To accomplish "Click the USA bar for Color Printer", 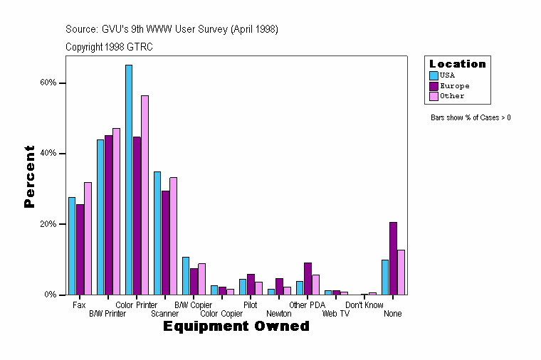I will (x=129, y=179).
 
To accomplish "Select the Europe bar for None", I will (x=393, y=258).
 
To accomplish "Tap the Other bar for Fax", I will (x=88, y=238).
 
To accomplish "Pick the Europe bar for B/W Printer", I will (x=108, y=215).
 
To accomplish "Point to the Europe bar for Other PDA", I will (x=308, y=278).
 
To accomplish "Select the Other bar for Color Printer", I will (x=145, y=195).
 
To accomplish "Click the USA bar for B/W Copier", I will (x=186, y=275).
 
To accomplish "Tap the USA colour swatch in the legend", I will (x=434, y=75).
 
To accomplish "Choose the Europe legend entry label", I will (x=454, y=85).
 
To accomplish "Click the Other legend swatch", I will (x=434, y=95).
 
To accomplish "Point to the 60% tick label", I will (x=48, y=83).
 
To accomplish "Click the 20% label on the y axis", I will (x=48, y=223).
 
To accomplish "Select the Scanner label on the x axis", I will (x=165, y=314).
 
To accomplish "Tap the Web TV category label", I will (x=336, y=314).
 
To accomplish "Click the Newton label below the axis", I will (x=279, y=314).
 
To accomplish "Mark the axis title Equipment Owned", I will (x=236, y=327).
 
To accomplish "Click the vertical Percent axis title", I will (x=29, y=176).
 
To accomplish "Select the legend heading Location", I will (x=458, y=64).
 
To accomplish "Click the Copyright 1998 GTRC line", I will (x=109, y=47).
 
